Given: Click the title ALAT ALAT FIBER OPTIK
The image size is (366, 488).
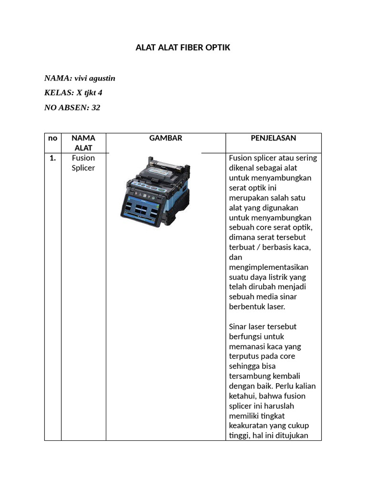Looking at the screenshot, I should (183, 48).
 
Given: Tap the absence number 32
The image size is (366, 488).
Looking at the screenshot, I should (96, 108).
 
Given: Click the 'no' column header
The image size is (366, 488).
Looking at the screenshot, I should (52, 138).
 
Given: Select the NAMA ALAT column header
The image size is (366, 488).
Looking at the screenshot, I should (83, 143).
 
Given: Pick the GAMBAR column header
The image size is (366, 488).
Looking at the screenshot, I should (165, 138).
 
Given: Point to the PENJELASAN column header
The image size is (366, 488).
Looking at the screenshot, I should (273, 138).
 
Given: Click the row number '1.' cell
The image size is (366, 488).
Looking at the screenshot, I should (52, 158).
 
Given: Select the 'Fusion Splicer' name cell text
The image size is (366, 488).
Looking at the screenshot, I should (83, 163).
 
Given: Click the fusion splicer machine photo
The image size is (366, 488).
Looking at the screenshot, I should (155, 191).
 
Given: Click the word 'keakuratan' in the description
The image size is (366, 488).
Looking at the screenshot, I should (248, 426).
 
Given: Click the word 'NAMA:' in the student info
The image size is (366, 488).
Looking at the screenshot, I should (58, 78).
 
